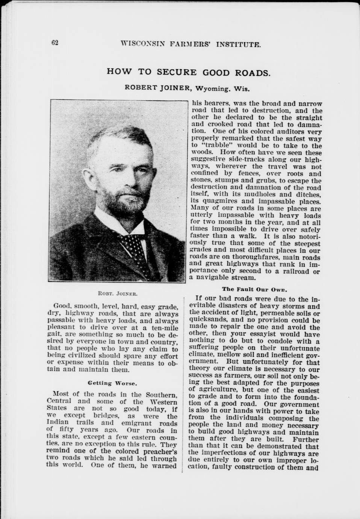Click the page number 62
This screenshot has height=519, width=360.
55,42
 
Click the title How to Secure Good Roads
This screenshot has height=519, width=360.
189,72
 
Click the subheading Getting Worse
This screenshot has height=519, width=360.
112,383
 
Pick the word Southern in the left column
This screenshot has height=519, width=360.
162,395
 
